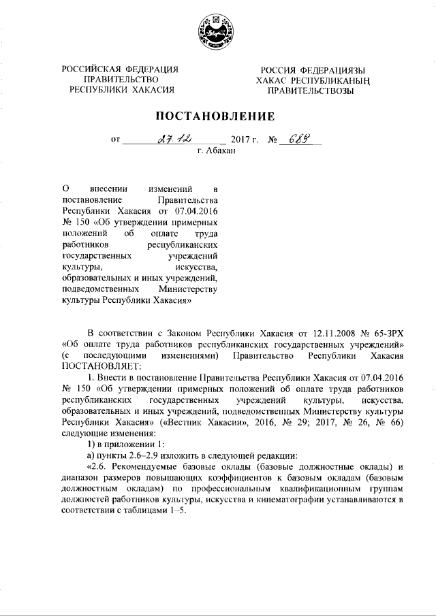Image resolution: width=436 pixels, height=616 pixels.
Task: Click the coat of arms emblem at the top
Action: tap(218, 31)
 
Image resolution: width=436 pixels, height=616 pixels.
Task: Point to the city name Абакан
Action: tap(221, 150)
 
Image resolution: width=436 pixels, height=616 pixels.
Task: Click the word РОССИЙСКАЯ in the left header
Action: tap(90, 69)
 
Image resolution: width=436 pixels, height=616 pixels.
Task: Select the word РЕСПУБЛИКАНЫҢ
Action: tap(331, 80)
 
